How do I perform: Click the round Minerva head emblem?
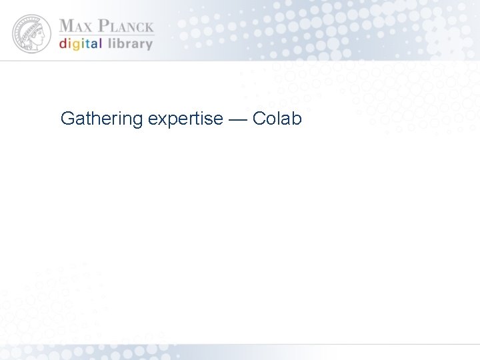pyautogui.click(x=31, y=34)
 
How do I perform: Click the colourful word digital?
pyautogui.click(x=81, y=45)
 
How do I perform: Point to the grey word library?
pyautogui.click(x=129, y=44)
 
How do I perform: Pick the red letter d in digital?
pyautogui.click(x=63, y=44)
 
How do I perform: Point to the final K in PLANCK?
pyautogui.click(x=148, y=27)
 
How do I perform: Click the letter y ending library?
pyautogui.click(x=149, y=46)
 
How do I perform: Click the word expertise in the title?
pyautogui.click(x=185, y=119)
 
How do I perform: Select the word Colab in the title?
pyautogui.click(x=277, y=119)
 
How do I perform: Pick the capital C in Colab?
pyautogui.click(x=259, y=119)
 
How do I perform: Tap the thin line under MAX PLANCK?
pyautogui.click(x=107, y=35)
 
